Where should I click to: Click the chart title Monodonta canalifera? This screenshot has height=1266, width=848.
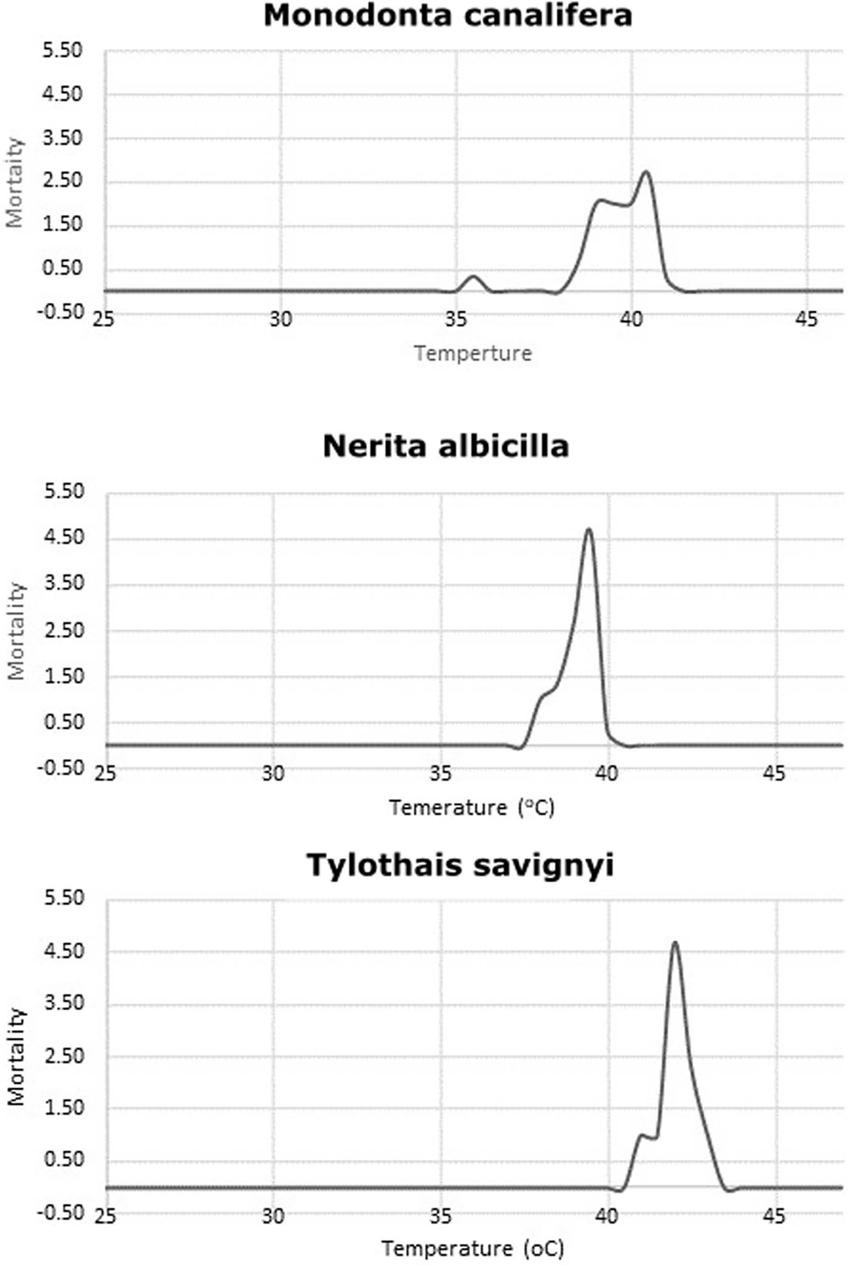click(x=448, y=16)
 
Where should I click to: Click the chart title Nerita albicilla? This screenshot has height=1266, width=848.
click(x=446, y=446)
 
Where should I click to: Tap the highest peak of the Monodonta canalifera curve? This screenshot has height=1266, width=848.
click(x=645, y=172)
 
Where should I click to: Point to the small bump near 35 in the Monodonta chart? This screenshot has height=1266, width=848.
click(x=474, y=278)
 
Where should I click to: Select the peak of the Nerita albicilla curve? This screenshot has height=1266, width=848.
click(x=589, y=529)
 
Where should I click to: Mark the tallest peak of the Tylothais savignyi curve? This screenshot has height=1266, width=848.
click(x=675, y=942)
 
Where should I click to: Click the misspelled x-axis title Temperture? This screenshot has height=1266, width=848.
click(x=473, y=354)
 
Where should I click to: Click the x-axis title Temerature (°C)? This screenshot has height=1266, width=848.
click(x=472, y=808)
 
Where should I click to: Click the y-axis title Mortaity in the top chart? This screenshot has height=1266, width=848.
click(x=15, y=183)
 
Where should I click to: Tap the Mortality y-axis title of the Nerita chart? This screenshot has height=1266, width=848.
click(x=17, y=630)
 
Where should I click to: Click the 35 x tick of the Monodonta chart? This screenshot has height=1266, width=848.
click(x=456, y=319)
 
